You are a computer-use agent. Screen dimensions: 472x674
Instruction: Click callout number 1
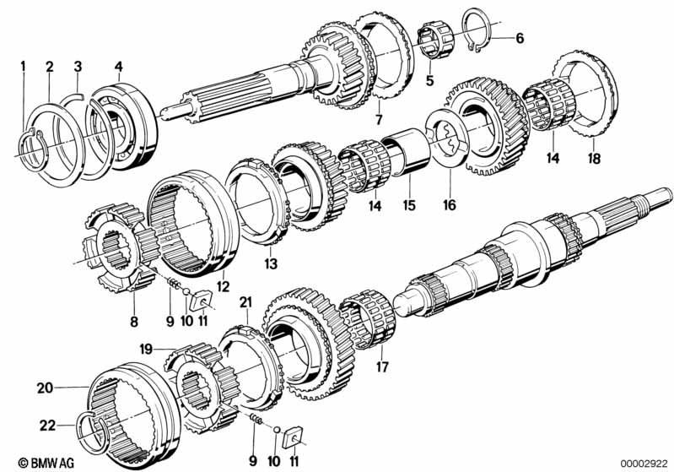point(24,65)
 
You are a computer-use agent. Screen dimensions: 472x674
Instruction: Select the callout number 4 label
point(118,65)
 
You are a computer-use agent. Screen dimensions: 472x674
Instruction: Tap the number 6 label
point(520,38)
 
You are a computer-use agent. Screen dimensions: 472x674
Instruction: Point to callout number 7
point(379,118)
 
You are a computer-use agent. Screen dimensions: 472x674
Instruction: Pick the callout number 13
point(270,264)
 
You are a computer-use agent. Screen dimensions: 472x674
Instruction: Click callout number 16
point(448,203)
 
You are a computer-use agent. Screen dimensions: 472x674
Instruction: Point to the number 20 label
point(44,388)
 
